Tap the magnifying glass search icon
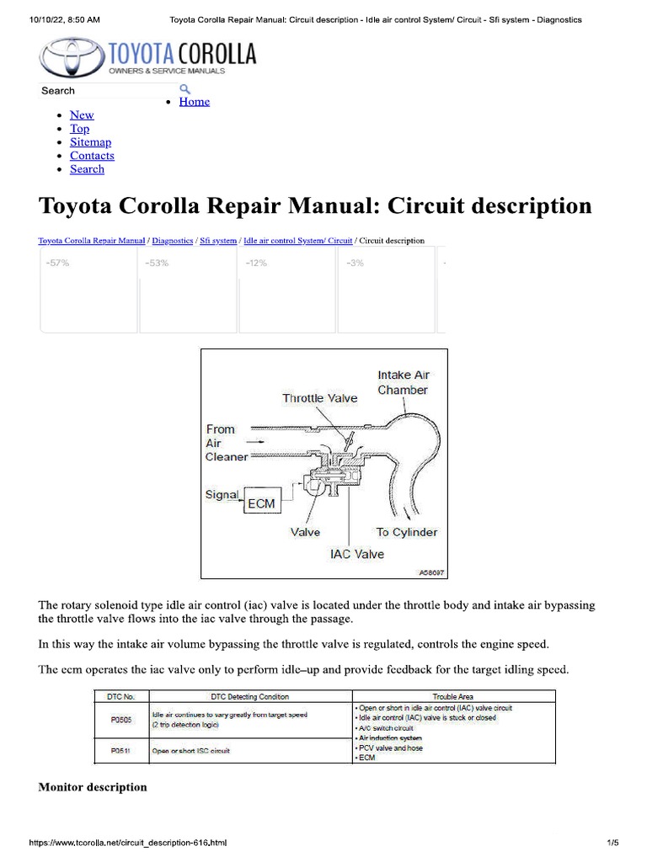[184, 89]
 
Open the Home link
[194, 102]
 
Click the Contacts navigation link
[92, 156]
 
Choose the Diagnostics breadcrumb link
[172, 241]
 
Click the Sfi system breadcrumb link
[218, 241]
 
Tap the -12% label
[256, 263]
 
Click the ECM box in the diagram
[260, 503]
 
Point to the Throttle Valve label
[319, 398]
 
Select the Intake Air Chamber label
[403, 382]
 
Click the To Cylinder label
[406, 532]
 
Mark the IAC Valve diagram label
[356, 554]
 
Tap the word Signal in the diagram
[222, 495]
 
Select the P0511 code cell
[120, 750]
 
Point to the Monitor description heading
[93, 787]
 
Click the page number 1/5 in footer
[612, 843]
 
